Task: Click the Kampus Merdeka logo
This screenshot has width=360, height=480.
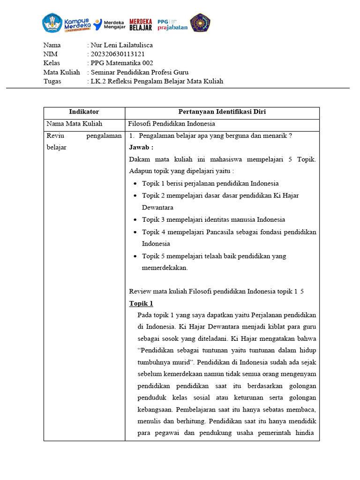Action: click(x=66, y=22)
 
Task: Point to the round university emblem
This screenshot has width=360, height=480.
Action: click(x=200, y=23)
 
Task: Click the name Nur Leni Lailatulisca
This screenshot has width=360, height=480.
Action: click(x=121, y=45)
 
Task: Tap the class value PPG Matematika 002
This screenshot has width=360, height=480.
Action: click(x=122, y=63)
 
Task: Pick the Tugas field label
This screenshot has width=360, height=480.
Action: click(x=52, y=81)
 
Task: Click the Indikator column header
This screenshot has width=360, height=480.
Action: click(x=84, y=112)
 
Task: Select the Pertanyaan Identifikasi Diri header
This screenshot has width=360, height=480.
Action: click(x=222, y=112)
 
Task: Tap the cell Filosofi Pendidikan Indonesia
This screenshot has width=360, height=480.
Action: click(x=172, y=124)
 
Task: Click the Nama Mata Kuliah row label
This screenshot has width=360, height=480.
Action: click(x=74, y=124)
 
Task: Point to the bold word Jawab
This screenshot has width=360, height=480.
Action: click(x=141, y=147)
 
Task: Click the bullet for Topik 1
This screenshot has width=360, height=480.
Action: click(x=135, y=184)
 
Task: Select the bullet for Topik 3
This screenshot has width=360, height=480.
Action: click(x=135, y=220)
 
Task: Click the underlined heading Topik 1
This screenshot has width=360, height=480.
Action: click(x=141, y=303)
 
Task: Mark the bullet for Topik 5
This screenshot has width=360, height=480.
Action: click(x=135, y=256)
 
